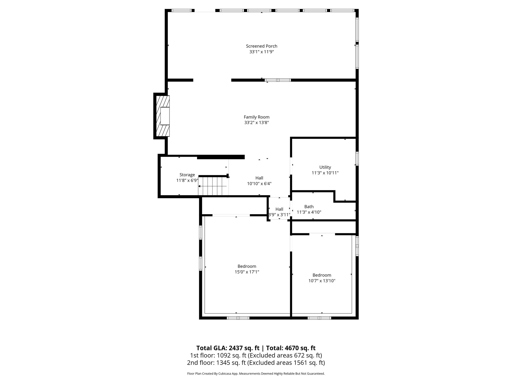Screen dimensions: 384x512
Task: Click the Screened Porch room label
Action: coord(261,46)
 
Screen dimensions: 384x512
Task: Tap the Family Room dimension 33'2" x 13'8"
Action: coord(256,123)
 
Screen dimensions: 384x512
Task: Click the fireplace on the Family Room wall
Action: coord(163,116)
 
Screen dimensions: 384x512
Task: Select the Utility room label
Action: coord(325,167)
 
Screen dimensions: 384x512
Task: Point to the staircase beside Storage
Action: coord(213,186)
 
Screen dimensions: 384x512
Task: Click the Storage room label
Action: coord(187,175)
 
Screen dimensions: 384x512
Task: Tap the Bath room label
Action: coord(309,207)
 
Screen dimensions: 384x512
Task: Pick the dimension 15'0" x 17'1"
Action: coord(247,272)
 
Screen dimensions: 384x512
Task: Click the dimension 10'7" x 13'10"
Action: coord(322,281)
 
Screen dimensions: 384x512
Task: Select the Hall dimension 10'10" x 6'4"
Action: coord(259,184)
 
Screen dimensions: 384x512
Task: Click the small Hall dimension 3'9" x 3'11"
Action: coord(279,215)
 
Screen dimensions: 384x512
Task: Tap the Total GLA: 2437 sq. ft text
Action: coord(228,348)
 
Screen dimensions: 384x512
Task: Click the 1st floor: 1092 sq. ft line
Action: coord(256,355)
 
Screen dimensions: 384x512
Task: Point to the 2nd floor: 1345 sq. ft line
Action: coord(256,363)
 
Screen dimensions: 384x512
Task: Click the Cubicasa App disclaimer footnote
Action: coord(256,374)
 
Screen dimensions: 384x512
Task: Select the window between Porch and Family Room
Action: coord(278,80)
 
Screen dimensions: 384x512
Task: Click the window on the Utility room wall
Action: coord(357,158)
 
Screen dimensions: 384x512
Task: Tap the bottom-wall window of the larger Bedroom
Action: coord(238,318)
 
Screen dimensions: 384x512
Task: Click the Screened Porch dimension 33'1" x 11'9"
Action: coord(261,52)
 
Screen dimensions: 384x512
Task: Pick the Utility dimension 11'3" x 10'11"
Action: coord(325,173)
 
